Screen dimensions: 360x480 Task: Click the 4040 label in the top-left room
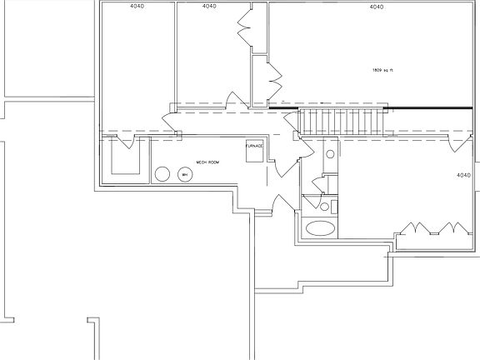(x=136, y=7)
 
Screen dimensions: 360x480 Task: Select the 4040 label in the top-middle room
(x=209, y=7)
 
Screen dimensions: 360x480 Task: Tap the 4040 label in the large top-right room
(x=376, y=7)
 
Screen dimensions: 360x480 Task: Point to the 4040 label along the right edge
(x=464, y=176)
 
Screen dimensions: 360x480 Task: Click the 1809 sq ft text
(x=382, y=70)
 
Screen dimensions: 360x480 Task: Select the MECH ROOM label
(x=207, y=162)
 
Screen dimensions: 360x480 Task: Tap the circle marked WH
(x=184, y=174)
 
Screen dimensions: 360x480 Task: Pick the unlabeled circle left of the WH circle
(x=162, y=174)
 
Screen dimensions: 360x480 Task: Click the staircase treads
(x=342, y=121)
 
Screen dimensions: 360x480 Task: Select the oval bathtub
(x=321, y=227)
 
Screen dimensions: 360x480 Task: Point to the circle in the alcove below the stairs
(x=330, y=155)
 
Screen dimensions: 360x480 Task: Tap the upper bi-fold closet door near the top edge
(x=244, y=26)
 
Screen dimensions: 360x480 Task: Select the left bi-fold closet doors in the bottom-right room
(x=414, y=228)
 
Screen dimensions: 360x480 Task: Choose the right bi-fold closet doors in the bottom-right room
(x=456, y=228)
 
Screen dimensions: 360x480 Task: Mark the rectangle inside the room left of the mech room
(x=125, y=157)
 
